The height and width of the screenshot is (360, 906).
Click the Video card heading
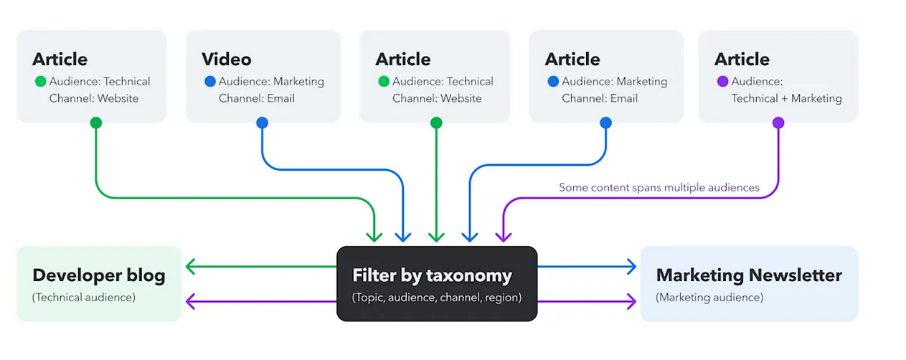(x=226, y=59)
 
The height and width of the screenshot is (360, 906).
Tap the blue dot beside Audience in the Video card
(x=209, y=82)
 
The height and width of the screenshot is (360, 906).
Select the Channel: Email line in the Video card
(x=257, y=98)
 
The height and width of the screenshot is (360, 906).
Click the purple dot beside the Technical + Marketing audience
(x=722, y=82)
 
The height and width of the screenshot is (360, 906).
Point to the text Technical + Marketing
(x=786, y=98)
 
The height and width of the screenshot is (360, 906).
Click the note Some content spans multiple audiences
(x=659, y=188)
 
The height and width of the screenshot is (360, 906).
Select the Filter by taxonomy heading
(x=432, y=275)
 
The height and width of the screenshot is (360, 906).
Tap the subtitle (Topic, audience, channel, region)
(x=436, y=297)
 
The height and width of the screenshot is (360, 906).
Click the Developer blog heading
(x=99, y=275)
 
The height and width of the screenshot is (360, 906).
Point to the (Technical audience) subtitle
(x=84, y=297)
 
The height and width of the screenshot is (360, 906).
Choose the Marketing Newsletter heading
(x=749, y=275)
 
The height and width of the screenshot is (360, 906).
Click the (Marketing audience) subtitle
(x=709, y=297)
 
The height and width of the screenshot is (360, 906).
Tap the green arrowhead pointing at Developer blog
(x=190, y=267)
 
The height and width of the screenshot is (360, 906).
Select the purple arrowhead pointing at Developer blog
(x=190, y=301)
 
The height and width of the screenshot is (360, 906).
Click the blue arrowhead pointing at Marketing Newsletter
(x=631, y=267)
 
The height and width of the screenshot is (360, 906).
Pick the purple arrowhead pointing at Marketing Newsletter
(x=631, y=301)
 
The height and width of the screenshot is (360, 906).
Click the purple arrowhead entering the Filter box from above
(x=502, y=236)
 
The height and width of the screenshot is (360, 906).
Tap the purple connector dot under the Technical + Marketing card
(x=778, y=123)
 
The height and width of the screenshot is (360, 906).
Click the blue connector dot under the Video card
(x=262, y=123)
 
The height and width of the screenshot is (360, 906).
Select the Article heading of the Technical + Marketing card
(x=742, y=59)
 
